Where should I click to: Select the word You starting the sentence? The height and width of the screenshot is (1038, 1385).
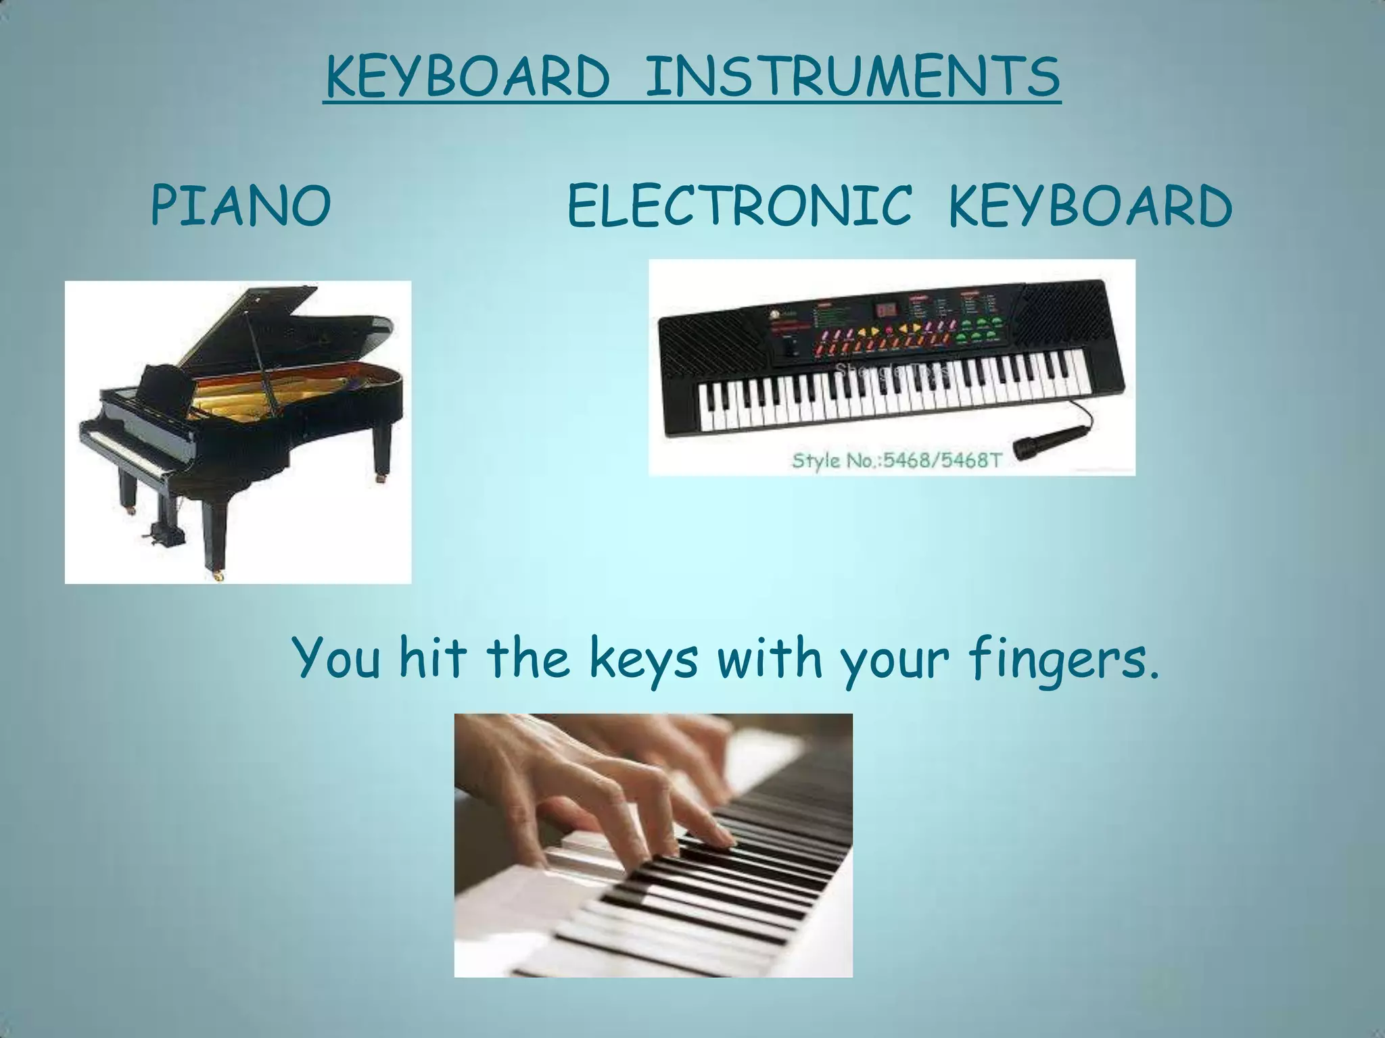(x=336, y=659)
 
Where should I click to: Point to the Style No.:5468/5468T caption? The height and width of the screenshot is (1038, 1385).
(x=896, y=462)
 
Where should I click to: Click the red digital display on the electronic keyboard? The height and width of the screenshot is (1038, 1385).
(x=886, y=310)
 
